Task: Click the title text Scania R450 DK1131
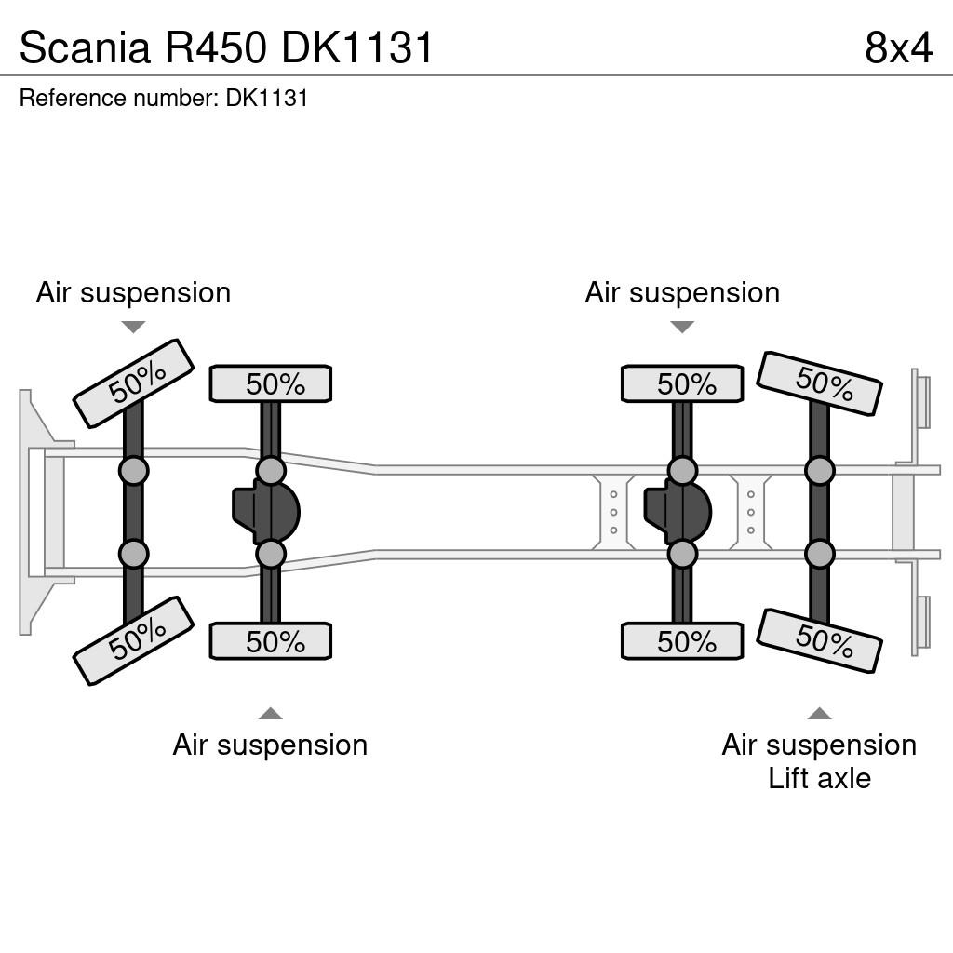(x=225, y=47)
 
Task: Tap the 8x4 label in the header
(x=898, y=47)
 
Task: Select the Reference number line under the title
(x=164, y=98)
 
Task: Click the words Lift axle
(x=819, y=779)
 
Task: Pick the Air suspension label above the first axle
(x=133, y=293)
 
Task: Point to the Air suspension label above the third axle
(x=682, y=293)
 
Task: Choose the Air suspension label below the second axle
(x=271, y=745)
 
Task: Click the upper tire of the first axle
(x=133, y=383)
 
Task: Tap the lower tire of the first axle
(x=133, y=641)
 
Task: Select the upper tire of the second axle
(x=271, y=383)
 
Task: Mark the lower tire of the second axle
(x=271, y=641)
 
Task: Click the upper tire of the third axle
(x=682, y=383)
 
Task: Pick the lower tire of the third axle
(x=682, y=641)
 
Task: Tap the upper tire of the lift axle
(x=819, y=383)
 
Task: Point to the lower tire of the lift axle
(x=819, y=641)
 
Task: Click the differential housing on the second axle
(x=266, y=512)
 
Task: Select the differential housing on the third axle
(x=678, y=512)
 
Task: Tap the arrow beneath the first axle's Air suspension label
(x=133, y=327)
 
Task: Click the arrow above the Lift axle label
(x=819, y=713)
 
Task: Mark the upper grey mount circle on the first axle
(x=133, y=470)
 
